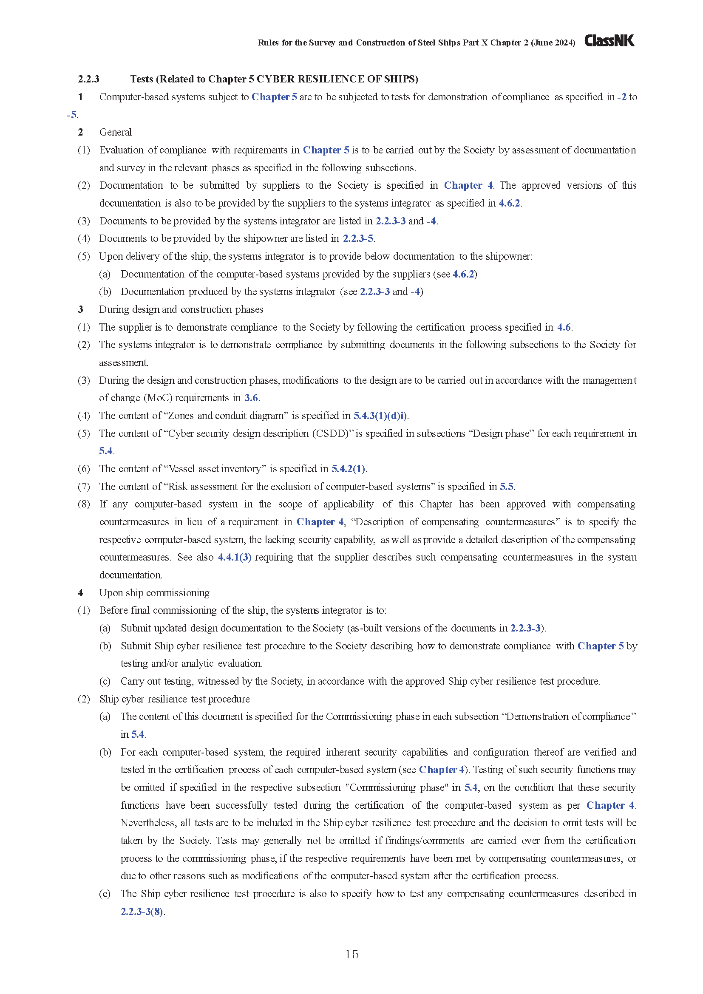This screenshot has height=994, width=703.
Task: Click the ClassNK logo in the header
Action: pyautogui.click(x=609, y=41)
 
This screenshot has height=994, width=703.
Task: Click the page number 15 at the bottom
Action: pyautogui.click(x=351, y=954)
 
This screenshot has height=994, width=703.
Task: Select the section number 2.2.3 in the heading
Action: pyautogui.click(x=88, y=79)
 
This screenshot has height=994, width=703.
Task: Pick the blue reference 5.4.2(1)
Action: pyautogui.click(x=349, y=469)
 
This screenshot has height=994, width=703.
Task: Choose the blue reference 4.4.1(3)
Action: pyautogui.click(x=235, y=557)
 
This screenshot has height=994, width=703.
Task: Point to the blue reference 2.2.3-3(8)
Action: pyautogui.click(x=142, y=911)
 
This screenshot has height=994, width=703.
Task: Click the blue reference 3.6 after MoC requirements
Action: pyautogui.click(x=251, y=398)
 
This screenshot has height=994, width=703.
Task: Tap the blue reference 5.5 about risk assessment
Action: pyautogui.click(x=507, y=487)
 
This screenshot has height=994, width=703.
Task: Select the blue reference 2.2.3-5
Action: pyautogui.click(x=358, y=238)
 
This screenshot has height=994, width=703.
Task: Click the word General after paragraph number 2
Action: pyautogui.click(x=115, y=133)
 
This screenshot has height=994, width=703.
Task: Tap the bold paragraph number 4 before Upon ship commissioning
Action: pyautogui.click(x=80, y=593)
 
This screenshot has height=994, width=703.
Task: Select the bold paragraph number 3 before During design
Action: pyautogui.click(x=80, y=309)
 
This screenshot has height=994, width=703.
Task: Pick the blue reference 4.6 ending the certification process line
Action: pyautogui.click(x=564, y=327)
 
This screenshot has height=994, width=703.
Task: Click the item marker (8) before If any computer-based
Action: pyautogui.click(x=84, y=504)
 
